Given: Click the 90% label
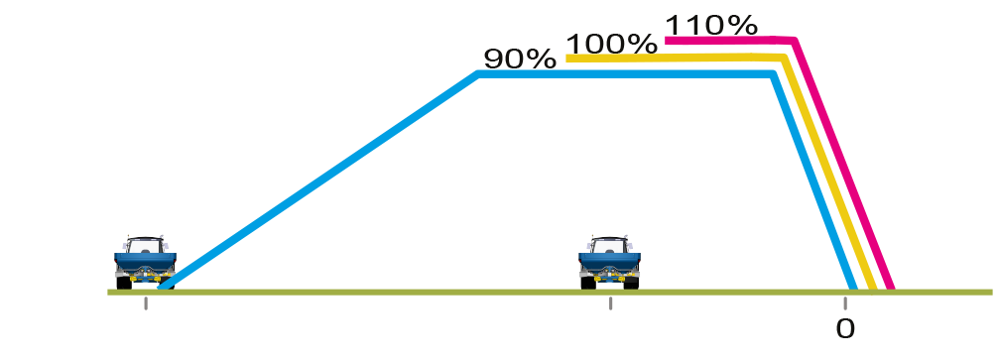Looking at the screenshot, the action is [520, 60].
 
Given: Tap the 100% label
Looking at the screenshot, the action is [611, 44].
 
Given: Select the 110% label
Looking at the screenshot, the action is [711, 26].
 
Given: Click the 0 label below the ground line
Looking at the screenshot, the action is [845, 329].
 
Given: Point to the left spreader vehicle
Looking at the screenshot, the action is [145, 263].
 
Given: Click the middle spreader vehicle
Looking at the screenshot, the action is [610, 263].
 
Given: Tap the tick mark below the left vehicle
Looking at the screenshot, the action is [146, 303].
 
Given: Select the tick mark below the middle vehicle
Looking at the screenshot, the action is [610, 303].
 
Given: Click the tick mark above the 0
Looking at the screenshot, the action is [845, 303].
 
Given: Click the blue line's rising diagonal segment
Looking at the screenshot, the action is [318, 180].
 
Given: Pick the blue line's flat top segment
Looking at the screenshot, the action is [625, 74].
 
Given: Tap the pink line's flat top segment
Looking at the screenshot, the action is [730, 41].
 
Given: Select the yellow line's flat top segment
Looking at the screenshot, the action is [676, 58].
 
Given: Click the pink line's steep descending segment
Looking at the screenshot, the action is [843, 166].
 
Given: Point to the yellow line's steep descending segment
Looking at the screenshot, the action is [830, 174].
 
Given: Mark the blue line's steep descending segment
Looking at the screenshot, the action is [813, 181].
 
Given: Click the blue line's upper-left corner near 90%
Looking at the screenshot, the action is [478, 74].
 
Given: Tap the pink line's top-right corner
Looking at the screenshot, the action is [795, 41].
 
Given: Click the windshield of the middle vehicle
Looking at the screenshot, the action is [610, 246].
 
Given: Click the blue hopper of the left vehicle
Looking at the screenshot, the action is [145, 260].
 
